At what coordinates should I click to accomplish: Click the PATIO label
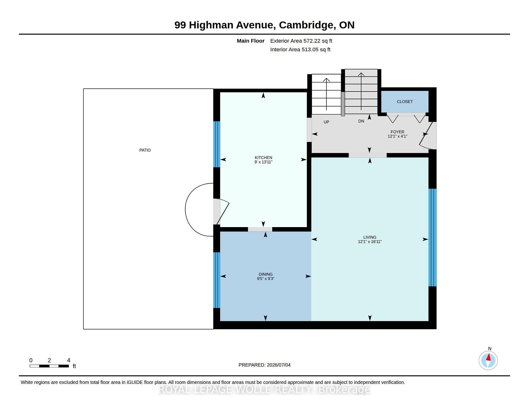tap(145, 150)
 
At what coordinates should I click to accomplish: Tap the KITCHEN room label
tap(263, 158)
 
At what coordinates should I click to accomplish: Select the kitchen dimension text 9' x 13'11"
tap(263, 162)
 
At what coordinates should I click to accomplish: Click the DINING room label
tap(266, 274)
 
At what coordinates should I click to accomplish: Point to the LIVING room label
tap(370, 237)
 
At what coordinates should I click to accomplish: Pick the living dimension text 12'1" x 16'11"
tap(370, 242)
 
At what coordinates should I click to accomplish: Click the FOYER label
tap(397, 132)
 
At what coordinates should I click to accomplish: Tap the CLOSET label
tap(405, 102)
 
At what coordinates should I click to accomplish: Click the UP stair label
tap(326, 122)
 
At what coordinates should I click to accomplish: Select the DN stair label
tap(361, 121)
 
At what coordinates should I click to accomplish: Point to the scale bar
tap(49, 366)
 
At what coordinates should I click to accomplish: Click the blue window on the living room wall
tap(433, 238)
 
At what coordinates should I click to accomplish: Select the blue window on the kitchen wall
tap(217, 144)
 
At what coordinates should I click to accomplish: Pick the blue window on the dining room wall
tap(217, 280)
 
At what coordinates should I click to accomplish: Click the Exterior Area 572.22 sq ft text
tap(301, 41)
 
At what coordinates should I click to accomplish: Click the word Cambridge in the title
tap(307, 25)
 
